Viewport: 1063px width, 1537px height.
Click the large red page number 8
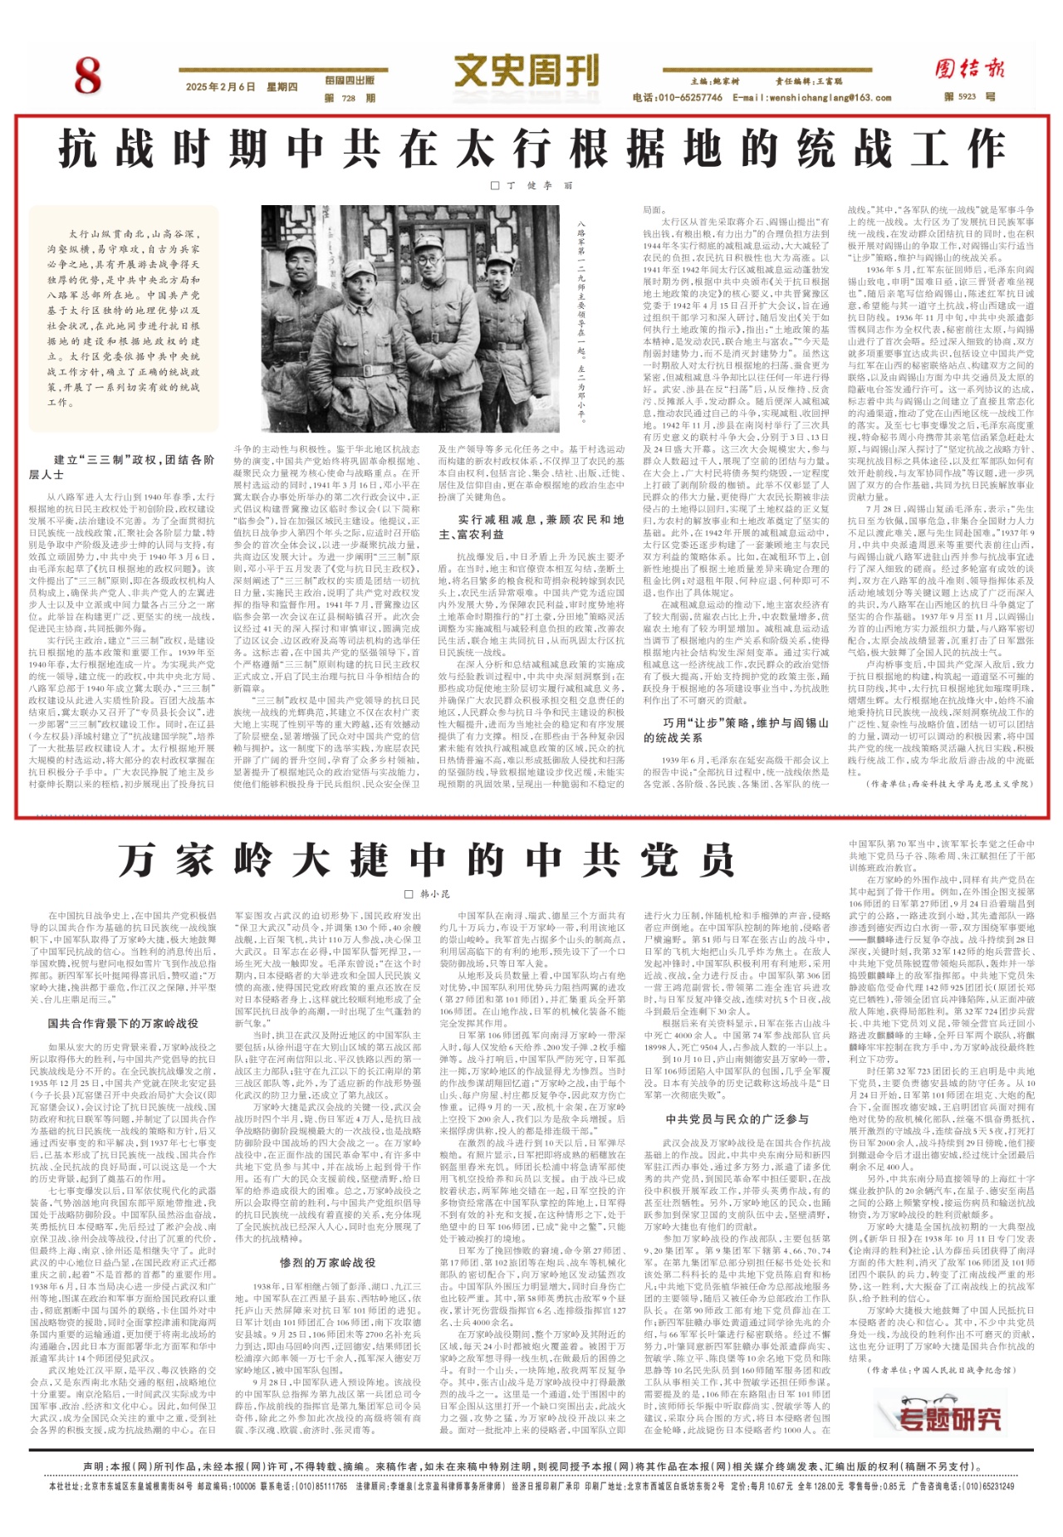click(86, 76)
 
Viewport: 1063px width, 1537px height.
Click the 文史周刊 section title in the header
click(526, 70)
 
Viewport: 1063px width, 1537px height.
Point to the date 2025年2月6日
click(220, 87)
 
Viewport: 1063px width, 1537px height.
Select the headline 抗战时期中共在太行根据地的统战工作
click(531, 149)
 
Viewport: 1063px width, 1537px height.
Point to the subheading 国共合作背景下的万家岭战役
click(123, 1023)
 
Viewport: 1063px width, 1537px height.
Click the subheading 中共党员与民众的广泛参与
click(737, 1118)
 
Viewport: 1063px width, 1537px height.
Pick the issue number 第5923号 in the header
click(969, 97)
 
